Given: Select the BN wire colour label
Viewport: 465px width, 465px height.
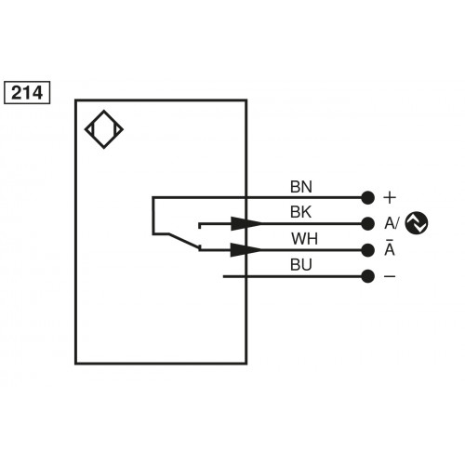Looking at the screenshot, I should click(x=302, y=186).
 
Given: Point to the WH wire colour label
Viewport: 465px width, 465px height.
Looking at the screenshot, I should click(x=304, y=238).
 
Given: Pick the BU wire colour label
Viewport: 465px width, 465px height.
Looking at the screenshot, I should click(x=302, y=265).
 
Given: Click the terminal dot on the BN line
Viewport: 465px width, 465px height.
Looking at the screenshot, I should click(x=367, y=197).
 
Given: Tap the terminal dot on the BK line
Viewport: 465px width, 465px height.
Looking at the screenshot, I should click(x=367, y=223).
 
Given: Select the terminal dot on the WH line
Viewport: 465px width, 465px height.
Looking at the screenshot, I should click(x=367, y=249).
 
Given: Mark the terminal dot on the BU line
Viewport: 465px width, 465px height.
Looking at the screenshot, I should click(x=367, y=276).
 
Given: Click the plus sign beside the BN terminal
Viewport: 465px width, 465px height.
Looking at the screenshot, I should click(x=390, y=197).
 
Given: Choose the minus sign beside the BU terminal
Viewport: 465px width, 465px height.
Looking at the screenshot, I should click(x=390, y=276).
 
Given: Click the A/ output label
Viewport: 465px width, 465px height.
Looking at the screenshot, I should click(x=392, y=223).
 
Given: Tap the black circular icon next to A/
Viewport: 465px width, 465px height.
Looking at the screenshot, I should click(x=418, y=223).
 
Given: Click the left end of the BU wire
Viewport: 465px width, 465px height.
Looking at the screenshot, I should click(x=224, y=276).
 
